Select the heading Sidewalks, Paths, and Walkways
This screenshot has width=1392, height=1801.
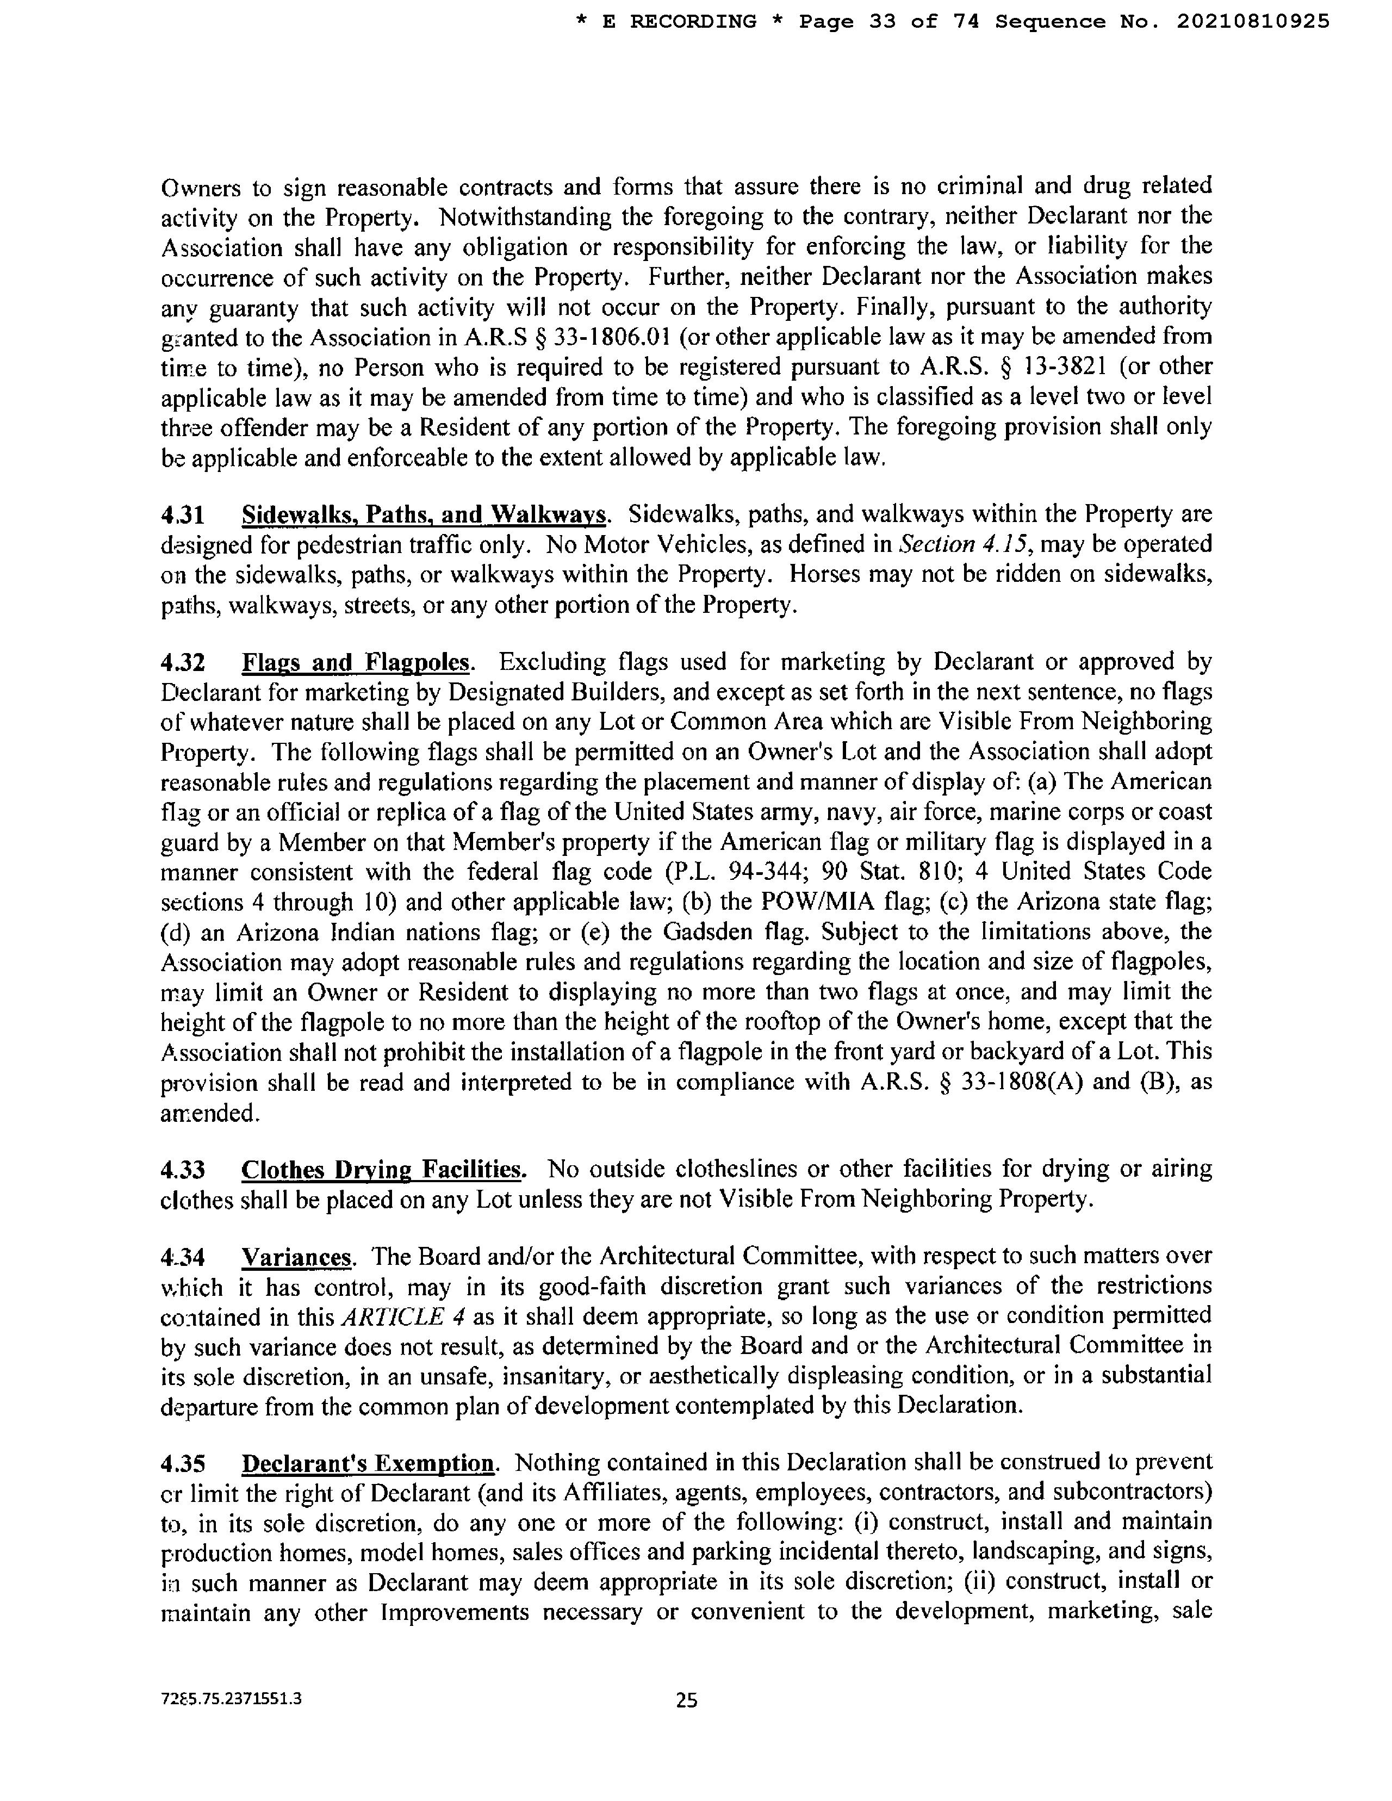425,514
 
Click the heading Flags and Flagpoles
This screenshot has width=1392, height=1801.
356,662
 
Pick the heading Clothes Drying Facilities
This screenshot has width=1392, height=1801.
383,1169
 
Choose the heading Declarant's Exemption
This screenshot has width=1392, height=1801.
368,1463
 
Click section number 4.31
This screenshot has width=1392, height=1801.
182,514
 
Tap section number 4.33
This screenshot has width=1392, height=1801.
182,1169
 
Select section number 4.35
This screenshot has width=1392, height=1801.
182,1463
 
